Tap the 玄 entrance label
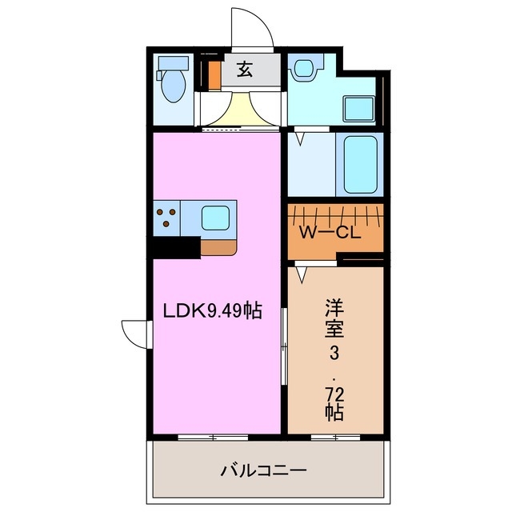tap(245, 70)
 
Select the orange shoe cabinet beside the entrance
tap(214, 74)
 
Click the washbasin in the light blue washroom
tap(303, 69)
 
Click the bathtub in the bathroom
tap(362, 164)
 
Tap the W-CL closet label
tap(332, 234)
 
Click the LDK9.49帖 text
tap(216, 310)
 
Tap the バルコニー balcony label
tap(263, 470)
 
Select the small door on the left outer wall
tap(136, 333)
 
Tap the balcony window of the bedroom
tap(334, 437)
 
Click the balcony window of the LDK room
tap(213, 437)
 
